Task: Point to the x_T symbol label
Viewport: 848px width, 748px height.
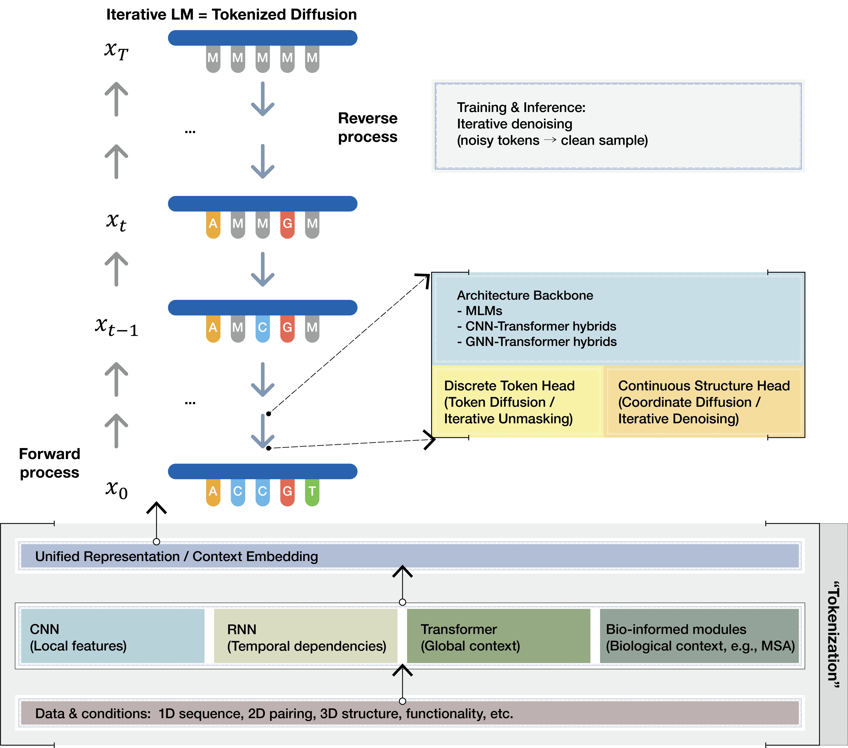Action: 116,51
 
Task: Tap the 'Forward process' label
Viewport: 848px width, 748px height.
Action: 49,463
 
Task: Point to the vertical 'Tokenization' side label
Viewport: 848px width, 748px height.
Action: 833,635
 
